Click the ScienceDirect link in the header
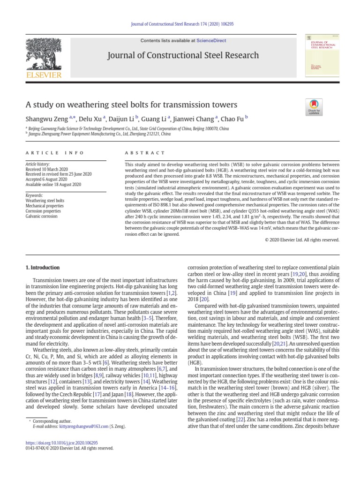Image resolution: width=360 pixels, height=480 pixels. pos(211,41)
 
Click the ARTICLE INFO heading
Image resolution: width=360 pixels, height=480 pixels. pos(54,153)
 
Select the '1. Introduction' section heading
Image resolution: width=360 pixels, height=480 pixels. pos(42,268)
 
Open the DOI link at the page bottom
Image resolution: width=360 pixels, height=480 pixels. pos(61,442)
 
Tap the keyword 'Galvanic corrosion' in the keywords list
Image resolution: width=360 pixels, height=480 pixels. pos(41,217)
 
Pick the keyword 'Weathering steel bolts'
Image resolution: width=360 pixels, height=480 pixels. pos(45,201)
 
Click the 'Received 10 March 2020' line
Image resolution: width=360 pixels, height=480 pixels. pos(46,169)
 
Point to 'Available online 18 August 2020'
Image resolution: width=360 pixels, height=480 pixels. pos(53,185)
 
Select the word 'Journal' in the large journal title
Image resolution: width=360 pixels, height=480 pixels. pos(122,55)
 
